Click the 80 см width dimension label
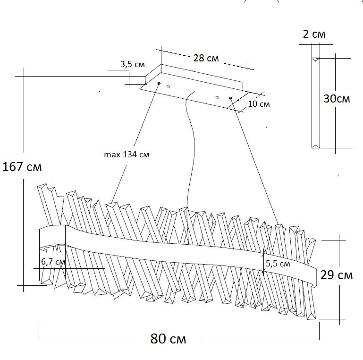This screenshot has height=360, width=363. (168, 339)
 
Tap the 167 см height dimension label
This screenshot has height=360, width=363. (22, 167)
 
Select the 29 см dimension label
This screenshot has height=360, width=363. (337, 275)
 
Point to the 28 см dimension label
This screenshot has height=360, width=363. (206, 58)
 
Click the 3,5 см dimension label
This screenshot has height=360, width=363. (133, 64)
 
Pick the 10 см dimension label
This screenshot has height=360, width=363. (259, 104)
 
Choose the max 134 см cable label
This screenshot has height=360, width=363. (127, 154)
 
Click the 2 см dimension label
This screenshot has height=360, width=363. (314, 34)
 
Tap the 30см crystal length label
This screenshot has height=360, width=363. (337, 99)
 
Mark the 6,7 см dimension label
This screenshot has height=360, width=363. (53, 262)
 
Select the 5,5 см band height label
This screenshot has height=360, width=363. (278, 264)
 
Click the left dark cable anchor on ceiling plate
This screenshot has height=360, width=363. (159, 83)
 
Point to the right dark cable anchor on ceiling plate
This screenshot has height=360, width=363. (230, 98)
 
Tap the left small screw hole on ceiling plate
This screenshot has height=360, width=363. (169, 86)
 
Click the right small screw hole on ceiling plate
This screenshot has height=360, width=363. (217, 97)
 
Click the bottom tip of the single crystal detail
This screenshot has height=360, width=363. (316, 146)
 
